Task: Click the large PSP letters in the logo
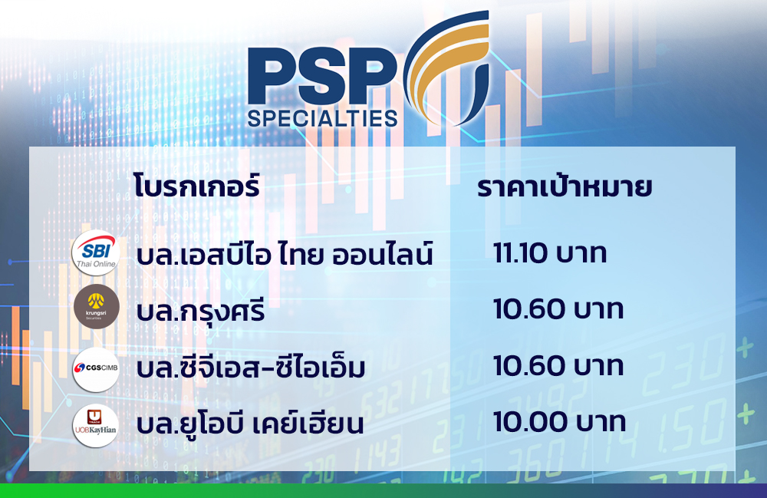click(322, 75)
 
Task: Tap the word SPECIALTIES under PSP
click(322, 119)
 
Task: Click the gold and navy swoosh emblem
click(446, 68)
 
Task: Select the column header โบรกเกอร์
click(196, 186)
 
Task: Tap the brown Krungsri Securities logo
click(97, 306)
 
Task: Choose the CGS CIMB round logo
click(96, 369)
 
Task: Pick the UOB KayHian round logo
click(95, 425)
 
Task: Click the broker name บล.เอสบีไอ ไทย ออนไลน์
click(285, 253)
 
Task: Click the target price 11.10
click(520, 253)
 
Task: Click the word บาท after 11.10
click(581, 255)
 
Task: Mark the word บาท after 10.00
click(601, 423)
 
